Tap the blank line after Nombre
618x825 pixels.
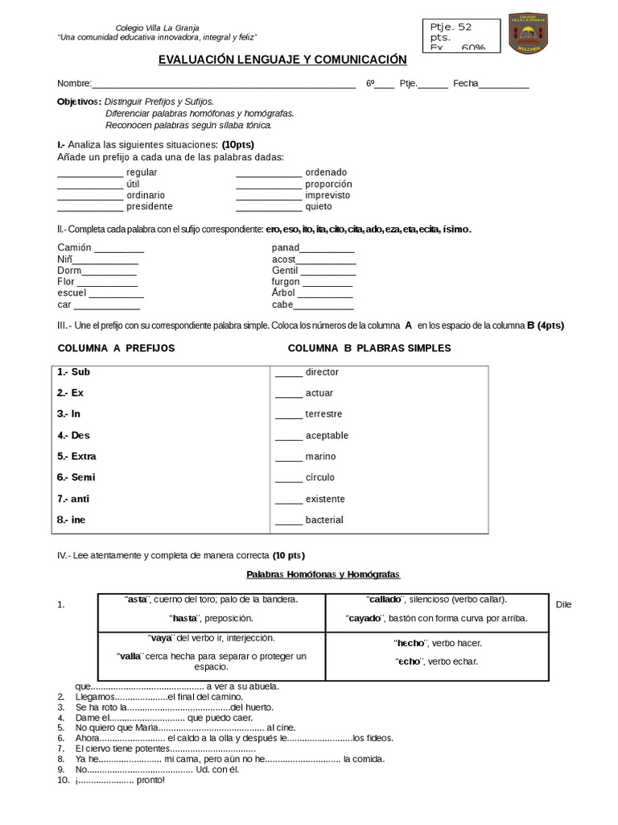coord(225,85)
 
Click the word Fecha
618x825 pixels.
coord(465,84)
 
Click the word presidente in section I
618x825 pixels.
coord(150,206)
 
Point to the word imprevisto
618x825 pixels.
coord(328,195)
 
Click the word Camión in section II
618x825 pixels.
coord(75,247)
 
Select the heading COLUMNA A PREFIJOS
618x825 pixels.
coord(116,348)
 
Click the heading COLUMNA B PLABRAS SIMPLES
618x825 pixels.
coord(369,348)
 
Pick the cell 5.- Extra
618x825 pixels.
coord(77,456)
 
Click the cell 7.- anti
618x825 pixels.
coord(73,499)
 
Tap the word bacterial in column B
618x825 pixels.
coord(324,520)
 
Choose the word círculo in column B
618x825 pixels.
coord(320,478)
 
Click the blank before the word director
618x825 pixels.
coord(288,372)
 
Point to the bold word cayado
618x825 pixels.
coord(364,618)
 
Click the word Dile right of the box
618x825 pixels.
coord(563,604)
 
